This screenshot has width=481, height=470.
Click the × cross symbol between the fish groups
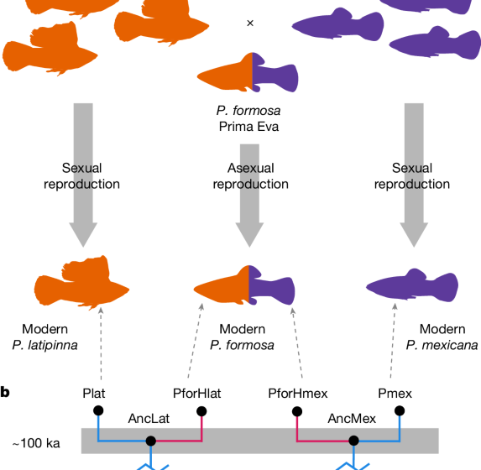coord(249,23)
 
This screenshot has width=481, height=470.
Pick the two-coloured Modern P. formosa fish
coord(248,285)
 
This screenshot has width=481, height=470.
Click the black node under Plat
coord(98,410)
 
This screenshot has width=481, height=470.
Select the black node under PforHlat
coord(202,411)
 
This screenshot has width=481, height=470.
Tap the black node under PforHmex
coord(296,411)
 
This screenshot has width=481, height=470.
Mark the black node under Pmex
coord(400,410)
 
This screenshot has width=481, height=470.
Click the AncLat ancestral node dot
coord(151,441)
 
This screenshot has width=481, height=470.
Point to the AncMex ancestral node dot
coord(354,441)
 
